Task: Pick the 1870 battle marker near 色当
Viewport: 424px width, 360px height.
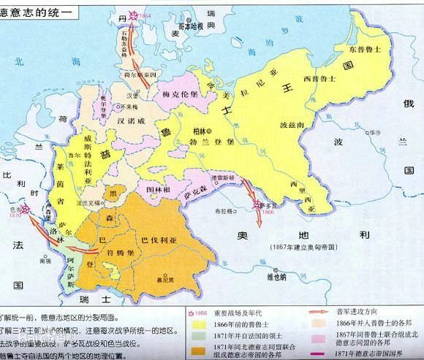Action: [15, 208]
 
